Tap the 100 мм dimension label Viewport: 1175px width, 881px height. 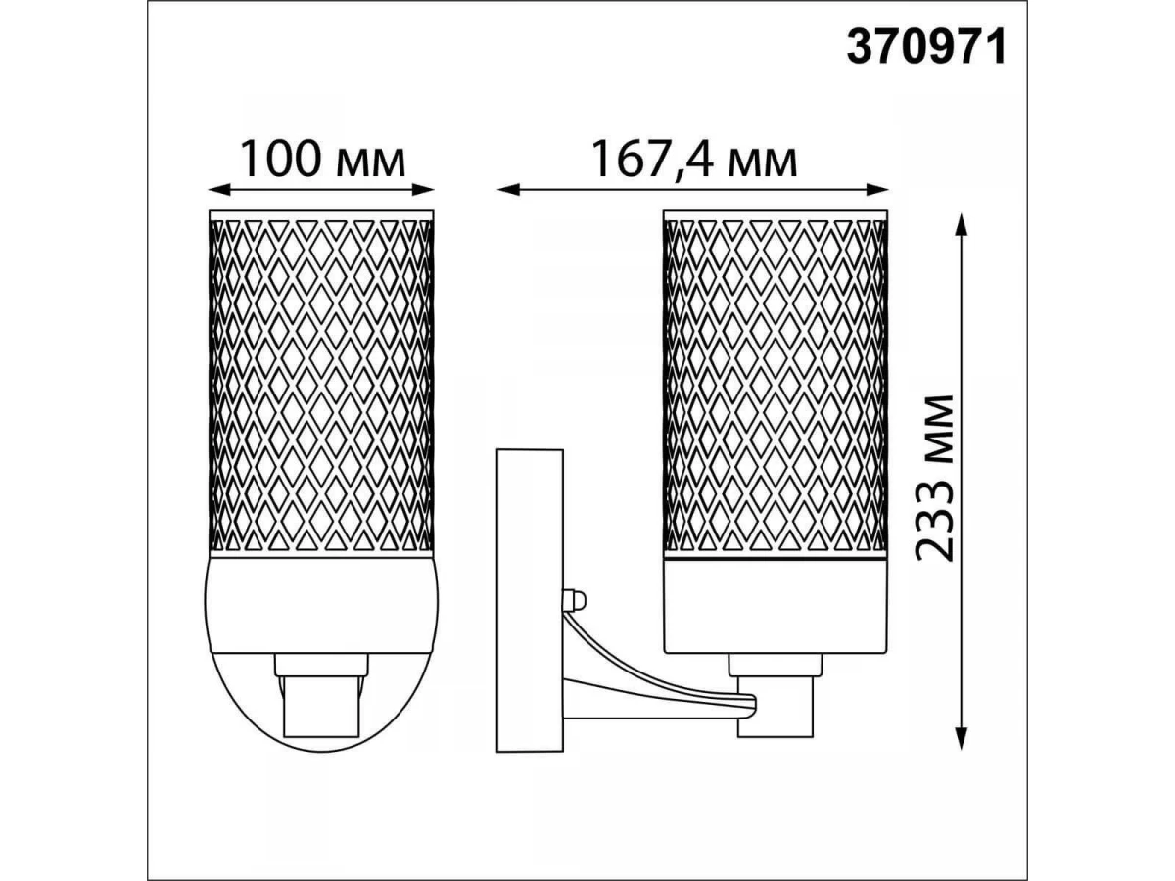tap(322, 160)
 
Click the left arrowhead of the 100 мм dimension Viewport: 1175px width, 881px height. tap(219, 188)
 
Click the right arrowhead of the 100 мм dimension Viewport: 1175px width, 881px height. tap(422, 188)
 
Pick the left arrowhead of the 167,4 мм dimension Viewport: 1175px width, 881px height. tap(508, 188)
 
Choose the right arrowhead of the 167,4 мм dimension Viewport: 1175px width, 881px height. tap(876, 188)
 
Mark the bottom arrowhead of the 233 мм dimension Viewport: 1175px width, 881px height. tap(962, 738)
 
